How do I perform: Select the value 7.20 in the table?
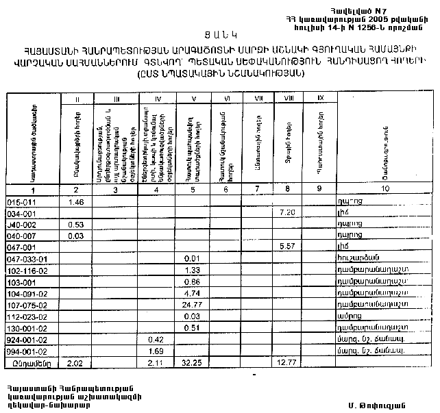288,213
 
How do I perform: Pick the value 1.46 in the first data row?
76,203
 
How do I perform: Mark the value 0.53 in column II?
76,224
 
